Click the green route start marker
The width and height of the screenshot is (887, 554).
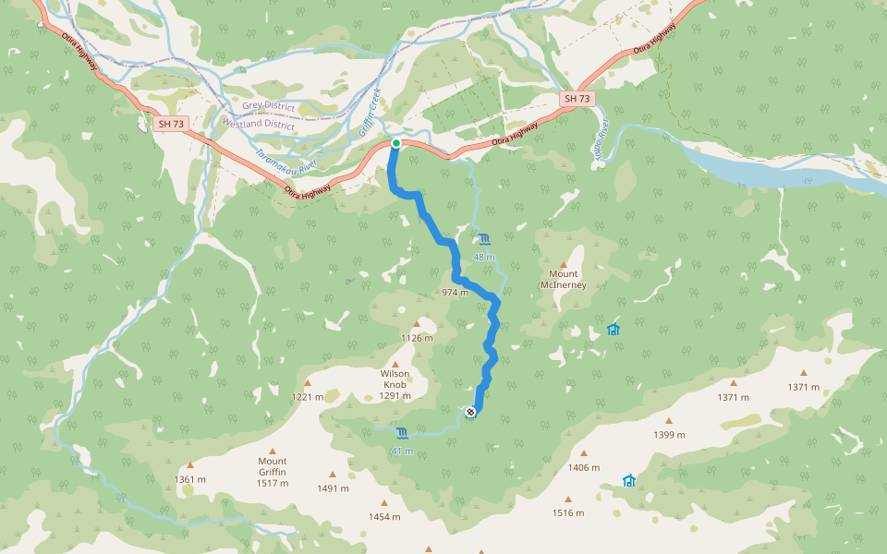[x=395, y=143]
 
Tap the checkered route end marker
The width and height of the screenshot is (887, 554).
[x=471, y=412]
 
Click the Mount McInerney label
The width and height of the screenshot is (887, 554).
[x=564, y=279]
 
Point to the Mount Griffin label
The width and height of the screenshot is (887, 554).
[x=273, y=465]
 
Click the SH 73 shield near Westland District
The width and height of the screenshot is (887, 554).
[x=171, y=123]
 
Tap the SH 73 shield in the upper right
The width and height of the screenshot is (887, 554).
[x=577, y=98]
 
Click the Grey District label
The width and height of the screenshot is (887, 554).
[x=269, y=107]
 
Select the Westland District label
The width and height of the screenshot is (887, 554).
[x=259, y=124]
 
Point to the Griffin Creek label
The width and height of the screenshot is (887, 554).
[x=369, y=112]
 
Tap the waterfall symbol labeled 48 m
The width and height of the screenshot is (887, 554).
[x=485, y=240]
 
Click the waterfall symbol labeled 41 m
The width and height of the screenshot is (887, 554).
[x=402, y=434]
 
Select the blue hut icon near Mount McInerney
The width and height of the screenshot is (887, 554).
[x=613, y=330]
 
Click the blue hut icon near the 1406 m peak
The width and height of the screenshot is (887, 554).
[x=629, y=480]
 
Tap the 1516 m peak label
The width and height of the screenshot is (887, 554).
[x=568, y=512]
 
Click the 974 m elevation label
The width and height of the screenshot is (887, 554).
[x=456, y=292]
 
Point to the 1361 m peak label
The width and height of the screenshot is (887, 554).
[x=189, y=479]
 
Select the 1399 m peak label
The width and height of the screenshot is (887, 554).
[x=669, y=434]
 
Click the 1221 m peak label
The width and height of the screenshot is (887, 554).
[x=308, y=397]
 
